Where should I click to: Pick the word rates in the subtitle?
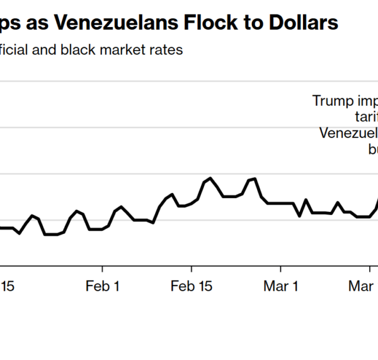(168, 50)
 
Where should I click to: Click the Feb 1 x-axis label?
(103, 287)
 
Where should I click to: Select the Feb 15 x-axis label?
(192, 287)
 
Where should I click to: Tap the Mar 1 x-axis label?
(281, 287)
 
